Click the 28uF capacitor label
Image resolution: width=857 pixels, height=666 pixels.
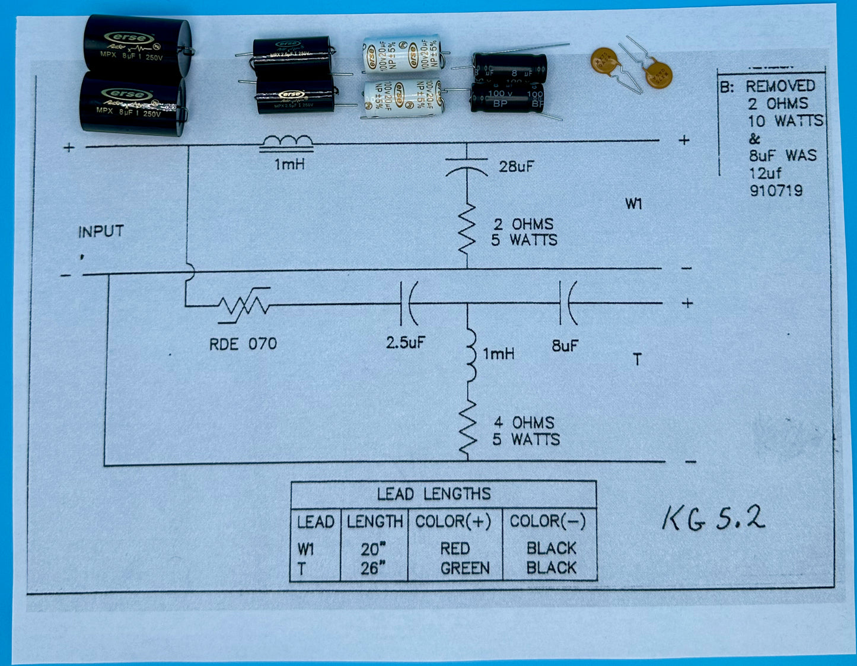pos(515,167)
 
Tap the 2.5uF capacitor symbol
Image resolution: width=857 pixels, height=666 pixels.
pos(409,304)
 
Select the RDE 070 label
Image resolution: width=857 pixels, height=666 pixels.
pos(243,344)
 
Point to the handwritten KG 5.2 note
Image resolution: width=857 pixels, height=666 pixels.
pos(713,518)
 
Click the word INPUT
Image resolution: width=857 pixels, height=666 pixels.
pos(101,231)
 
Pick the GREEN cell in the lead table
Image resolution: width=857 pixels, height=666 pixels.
pos(465,568)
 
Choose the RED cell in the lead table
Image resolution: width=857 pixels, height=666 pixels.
pos(455,549)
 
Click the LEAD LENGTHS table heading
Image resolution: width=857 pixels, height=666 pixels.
pos(434,494)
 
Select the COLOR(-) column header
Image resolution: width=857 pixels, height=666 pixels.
pos(547,521)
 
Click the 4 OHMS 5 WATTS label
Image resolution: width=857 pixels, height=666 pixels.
pos(525,431)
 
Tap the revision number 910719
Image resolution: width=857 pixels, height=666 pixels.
pos(775,190)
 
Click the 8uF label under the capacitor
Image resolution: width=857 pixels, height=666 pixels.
pos(564,345)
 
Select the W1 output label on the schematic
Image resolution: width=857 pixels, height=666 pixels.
pos(633,204)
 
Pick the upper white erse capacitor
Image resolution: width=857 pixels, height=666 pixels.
pos(402,54)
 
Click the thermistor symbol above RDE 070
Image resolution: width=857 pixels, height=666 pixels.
pos(244,305)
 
